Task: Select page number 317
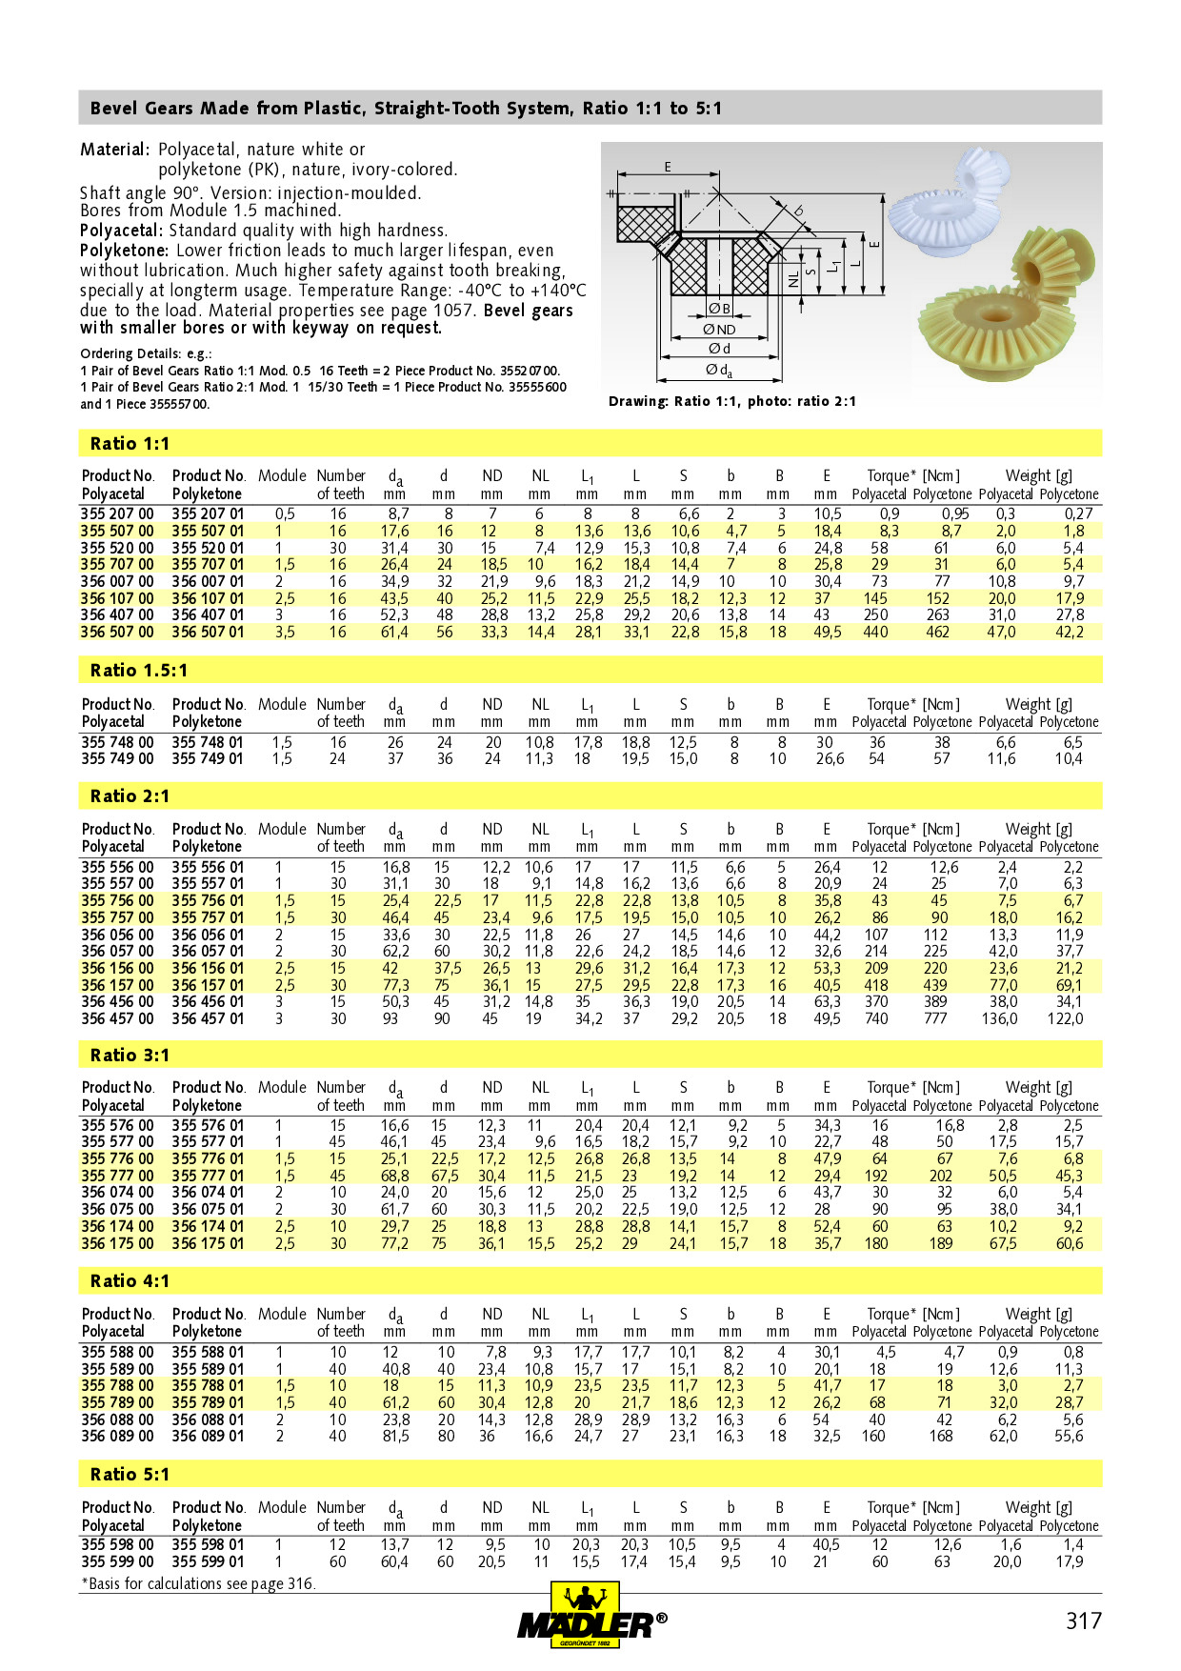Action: (1083, 1621)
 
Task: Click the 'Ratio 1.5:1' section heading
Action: (139, 670)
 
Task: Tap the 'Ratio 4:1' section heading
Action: (130, 1280)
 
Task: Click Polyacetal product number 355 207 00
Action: (117, 513)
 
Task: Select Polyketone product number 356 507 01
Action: (208, 632)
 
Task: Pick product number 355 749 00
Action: (117, 758)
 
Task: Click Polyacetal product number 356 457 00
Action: (117, 1018)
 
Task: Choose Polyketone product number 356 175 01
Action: (208, 1243)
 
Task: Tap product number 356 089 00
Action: (117, 1436)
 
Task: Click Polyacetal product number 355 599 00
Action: (117, 1561)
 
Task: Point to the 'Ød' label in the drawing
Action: (719, 349)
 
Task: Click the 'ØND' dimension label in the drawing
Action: (719, 330)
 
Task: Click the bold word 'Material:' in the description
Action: (114, 150)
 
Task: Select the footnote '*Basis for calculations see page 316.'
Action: (198, 1583)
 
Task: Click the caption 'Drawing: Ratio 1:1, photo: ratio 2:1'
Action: (731, 401)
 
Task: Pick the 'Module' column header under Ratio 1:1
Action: (282, 475)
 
